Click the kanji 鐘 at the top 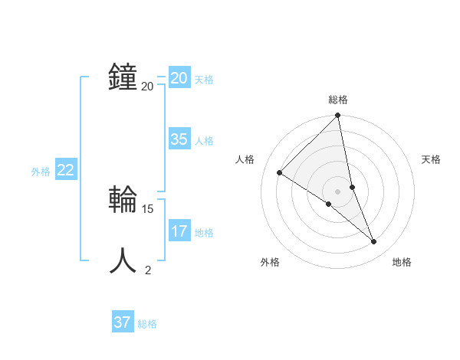[123, 77]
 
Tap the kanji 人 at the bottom [123, 261]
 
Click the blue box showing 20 [179, 77]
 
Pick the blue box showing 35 [179, 139]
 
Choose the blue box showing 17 [179, 231]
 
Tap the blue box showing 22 [65, 171]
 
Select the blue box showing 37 [123, 322]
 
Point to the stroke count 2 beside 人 [148, 270]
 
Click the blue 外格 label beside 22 [41, 172]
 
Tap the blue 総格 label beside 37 [147, 324]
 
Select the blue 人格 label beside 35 [204, 141]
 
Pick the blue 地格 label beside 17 [204, 233]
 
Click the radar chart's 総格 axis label [338, 100]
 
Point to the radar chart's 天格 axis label [431, 159]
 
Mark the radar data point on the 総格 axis [337, 116]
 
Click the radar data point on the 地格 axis [374, 241]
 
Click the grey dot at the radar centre [337, 191]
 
